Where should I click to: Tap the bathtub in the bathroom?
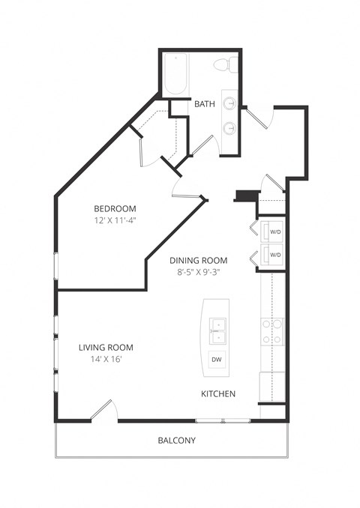click(176, 75)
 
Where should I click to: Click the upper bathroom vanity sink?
click(231, 103)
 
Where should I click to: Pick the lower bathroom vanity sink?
click(231, 128)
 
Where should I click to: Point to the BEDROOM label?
click(114, 208)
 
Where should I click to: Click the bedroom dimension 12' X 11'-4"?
click(114, 220)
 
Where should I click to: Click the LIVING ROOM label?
click(106, 347)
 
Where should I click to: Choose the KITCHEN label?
click(218, 393)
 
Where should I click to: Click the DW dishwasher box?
click(216, 360)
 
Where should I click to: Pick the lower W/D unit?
click(271, 255)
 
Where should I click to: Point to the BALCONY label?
click(176, 441)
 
